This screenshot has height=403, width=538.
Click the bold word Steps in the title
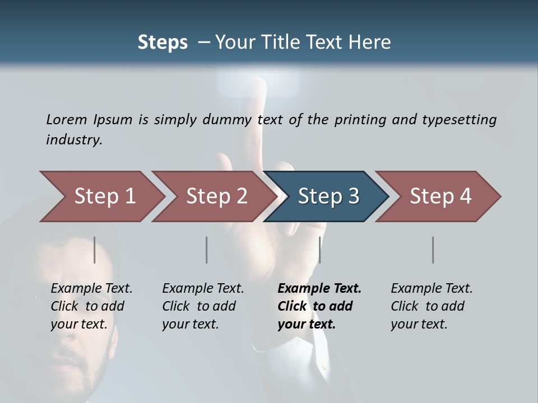(x=163, y=43)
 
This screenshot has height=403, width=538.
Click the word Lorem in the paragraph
(x=67, y=119)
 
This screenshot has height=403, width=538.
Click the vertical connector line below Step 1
(x=95, y=250)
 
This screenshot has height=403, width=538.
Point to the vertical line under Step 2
(x=207, y=250)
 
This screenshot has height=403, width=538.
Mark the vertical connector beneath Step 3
(x=319, y=250)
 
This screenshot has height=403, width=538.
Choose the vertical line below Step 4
(x=433, y=250)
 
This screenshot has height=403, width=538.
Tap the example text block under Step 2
(x=202, y=306)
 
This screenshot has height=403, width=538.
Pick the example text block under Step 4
(x=431, y=306)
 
